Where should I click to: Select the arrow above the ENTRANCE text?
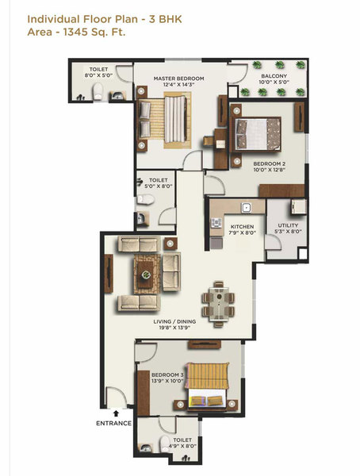[116, 413]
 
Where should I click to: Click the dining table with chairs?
[219, 301]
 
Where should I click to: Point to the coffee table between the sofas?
[147, 274]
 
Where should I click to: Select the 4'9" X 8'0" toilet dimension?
[182, 447]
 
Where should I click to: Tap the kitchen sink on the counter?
[247, 208]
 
